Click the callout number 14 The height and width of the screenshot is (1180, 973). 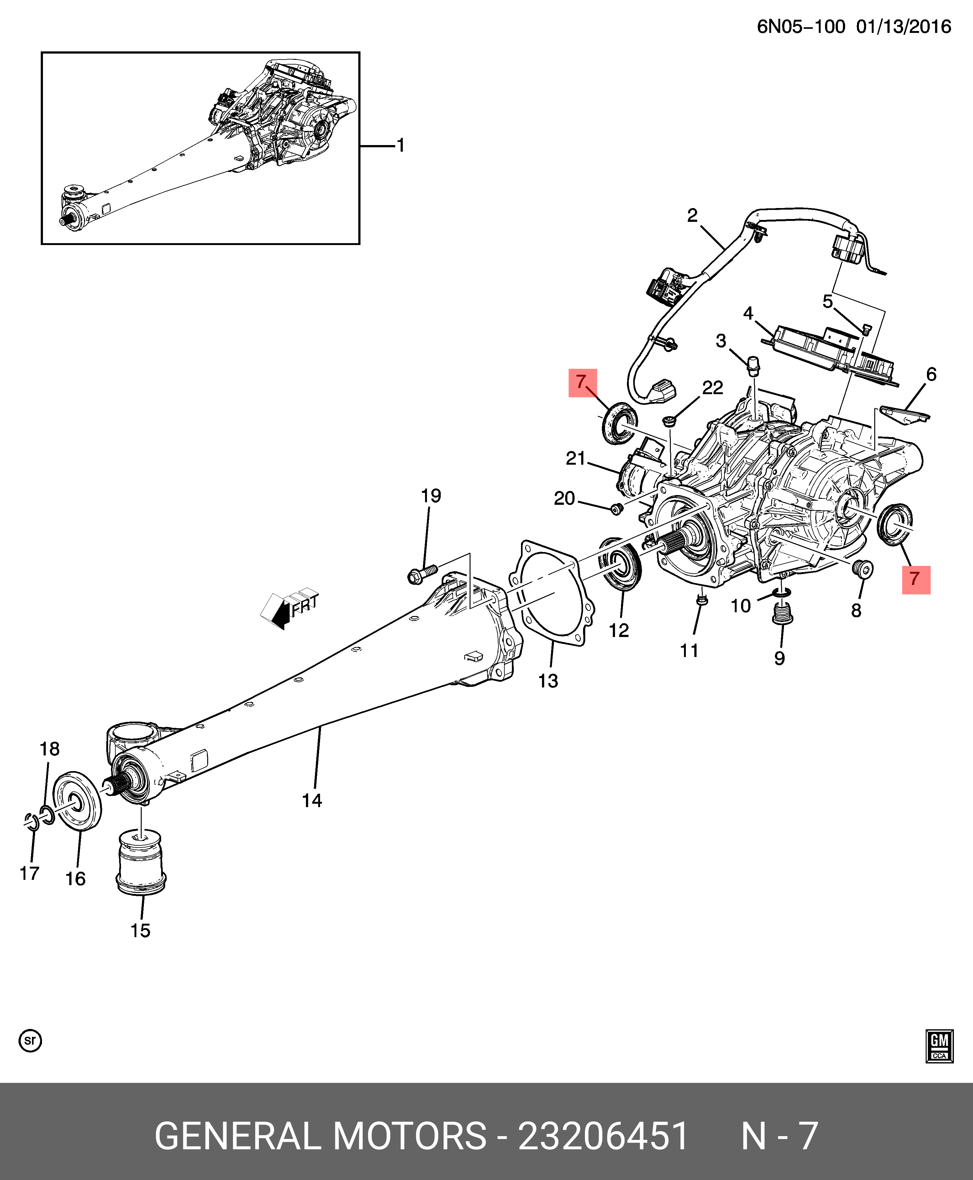coord(312,800)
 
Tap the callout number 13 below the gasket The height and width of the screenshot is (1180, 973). coord(548,681)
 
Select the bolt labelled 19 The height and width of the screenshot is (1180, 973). coord(422,574)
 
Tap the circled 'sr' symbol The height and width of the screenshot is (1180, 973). coord(30,1041)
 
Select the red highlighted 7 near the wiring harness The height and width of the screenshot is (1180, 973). coord(582,383)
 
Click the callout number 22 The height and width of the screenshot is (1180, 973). coord(713,388)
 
